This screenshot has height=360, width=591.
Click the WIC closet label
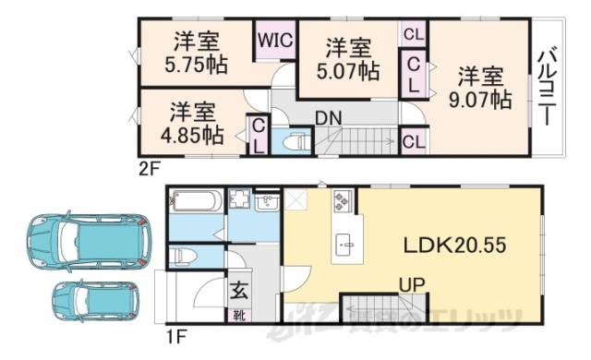click(275, 42)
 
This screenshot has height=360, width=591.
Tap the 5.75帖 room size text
click(197, 66)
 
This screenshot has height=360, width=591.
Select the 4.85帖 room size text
click(192, 136)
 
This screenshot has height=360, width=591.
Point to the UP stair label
click(412, 286)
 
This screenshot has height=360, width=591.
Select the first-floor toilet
click(183, 256)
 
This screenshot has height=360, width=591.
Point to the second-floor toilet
click(296, 142)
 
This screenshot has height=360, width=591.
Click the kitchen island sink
click(345, 244)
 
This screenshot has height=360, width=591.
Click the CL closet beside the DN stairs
click(413, 141)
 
